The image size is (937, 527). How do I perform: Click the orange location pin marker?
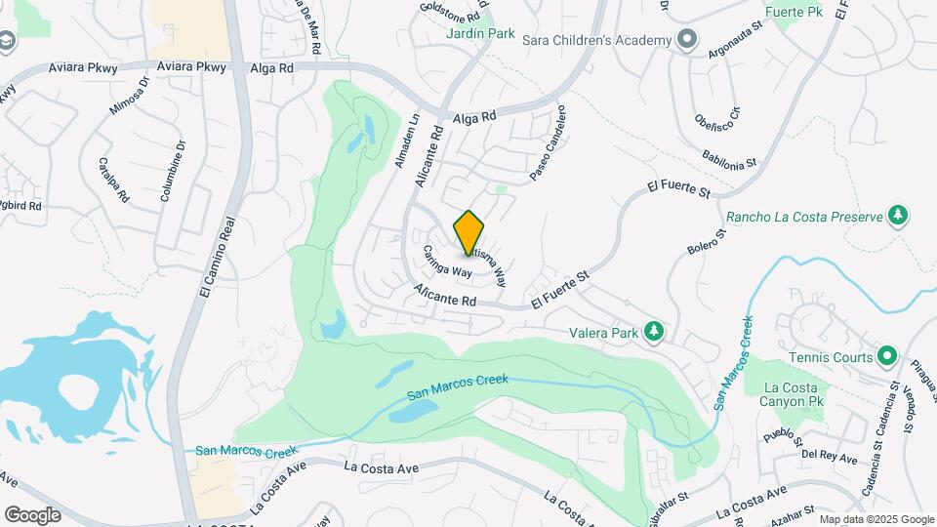(469, 232)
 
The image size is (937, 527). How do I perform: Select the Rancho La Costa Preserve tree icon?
(898, 215)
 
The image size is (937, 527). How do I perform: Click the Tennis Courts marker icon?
(886, 356)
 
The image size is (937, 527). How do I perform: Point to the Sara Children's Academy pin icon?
(687, 40)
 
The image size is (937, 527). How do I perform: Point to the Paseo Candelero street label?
(548, 156)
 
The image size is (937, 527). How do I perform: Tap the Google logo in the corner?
(33, 514)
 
